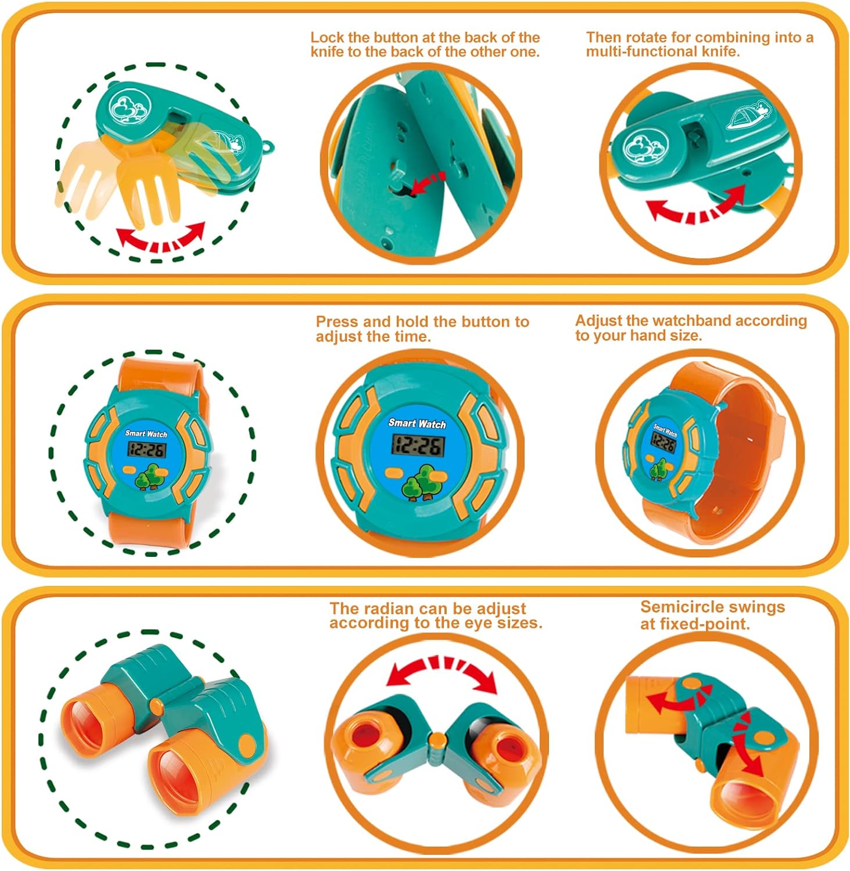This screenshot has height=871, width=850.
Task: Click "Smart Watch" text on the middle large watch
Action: pyautogui.click(x=417, y=423)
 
